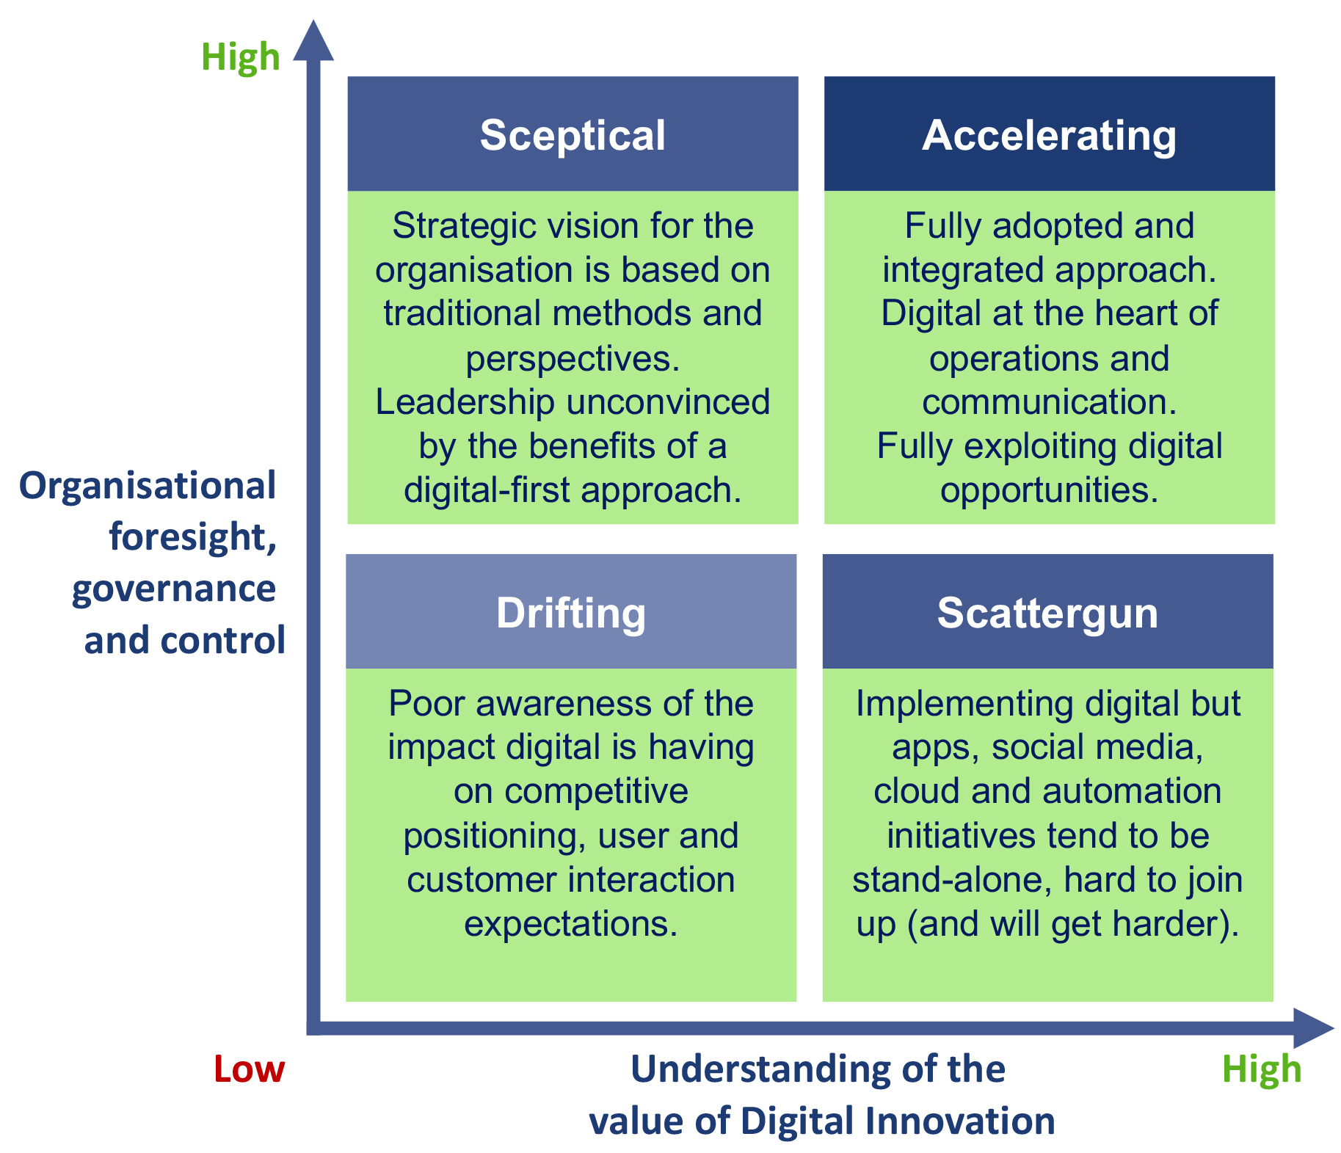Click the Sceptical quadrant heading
pos(573,135)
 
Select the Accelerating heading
pos(1049,137)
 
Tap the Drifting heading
pos(571,614)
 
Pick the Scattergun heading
pos(1047,614)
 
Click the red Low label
pos(249,1069)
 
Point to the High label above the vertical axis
pos(241,57)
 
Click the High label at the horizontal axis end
pos(1262,1069)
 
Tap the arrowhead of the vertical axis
pos(313,40)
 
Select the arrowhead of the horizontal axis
pos(1314,1027)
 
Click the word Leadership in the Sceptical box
pos(465,403)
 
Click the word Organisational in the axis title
pos(148,486)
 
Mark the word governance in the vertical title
pos(174,589)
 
